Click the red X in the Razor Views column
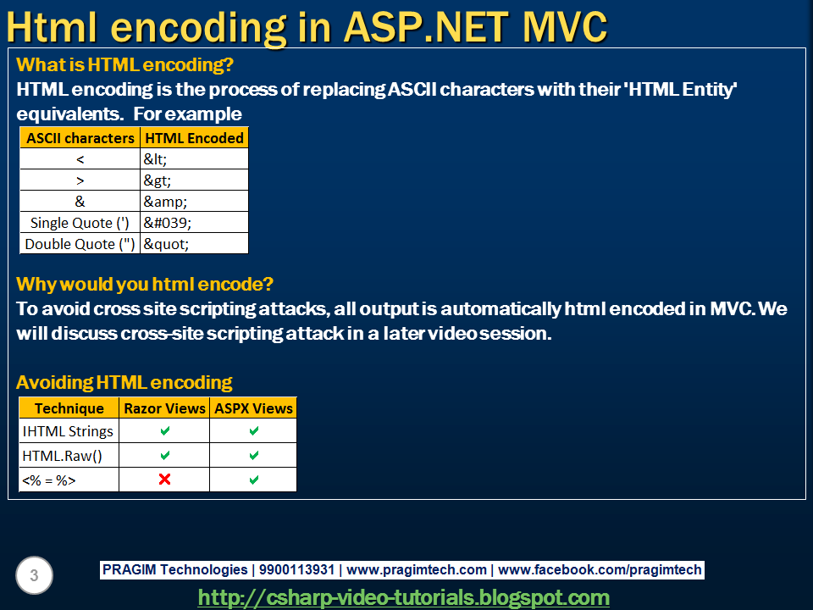click(x=165, y=480)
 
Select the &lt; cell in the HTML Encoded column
click(x=195, y=158)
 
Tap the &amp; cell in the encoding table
click(x=195, y=202)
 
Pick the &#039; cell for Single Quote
click(x=195, y=223)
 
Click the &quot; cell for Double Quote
click(x=195, y=244)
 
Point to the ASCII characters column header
click(x=80, y=138)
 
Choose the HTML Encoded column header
click(x=195, y=138)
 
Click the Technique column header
click(x=69, y=408)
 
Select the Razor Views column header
click(x=165, y=408)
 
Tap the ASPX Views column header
click(x=253, y=408)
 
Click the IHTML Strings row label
click(x=68, y=431)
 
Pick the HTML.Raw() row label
click(x=62, y=456)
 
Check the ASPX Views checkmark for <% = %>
click(x=253, y=480)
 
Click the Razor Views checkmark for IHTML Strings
click(x=165, y=431)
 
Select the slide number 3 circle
click(x=34, y=575)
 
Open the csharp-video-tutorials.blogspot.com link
click(x=404, y=597)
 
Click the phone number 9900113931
click(x=296, y=569)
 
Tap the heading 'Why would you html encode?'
click(x=145, y=285)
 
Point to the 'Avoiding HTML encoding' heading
click(x=124, y=382)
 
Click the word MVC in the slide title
click(x=564, y=27)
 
